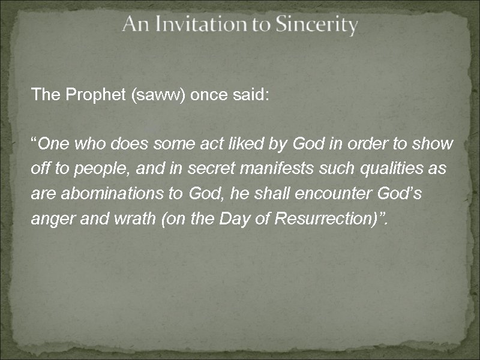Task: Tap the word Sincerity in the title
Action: point(316,25)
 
